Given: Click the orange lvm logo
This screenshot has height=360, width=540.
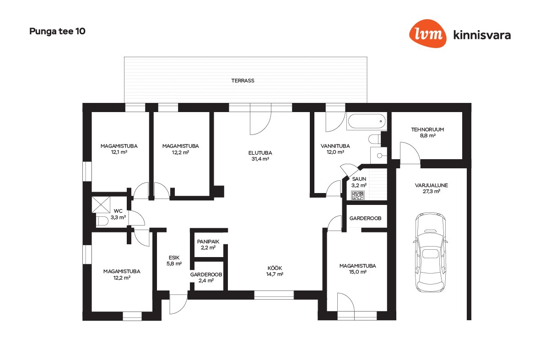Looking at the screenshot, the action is pos(428,33).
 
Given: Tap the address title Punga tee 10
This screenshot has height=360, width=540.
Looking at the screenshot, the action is pos(57,31).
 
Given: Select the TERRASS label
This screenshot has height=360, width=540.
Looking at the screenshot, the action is pos(243,81).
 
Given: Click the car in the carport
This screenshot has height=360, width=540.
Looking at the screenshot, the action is pos(430,253).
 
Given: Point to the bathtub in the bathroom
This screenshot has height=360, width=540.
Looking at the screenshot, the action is pos(367,121).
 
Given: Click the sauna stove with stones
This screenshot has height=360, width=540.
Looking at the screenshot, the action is pos(358,195).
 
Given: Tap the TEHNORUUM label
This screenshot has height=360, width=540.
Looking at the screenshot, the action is pos(427,129).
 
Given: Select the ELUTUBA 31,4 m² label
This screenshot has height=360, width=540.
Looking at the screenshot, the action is pos(260,156).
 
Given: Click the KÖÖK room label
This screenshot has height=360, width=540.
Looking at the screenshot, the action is pos(275,268).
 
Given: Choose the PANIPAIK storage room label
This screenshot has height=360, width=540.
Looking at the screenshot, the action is pos(208,242).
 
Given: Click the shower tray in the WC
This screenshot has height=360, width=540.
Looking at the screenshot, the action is pos(101,204).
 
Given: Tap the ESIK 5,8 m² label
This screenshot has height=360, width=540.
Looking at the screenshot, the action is pos(174,261).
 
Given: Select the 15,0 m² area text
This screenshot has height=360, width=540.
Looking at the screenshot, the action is pos(358,272).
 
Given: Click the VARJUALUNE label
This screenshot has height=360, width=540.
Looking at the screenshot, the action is pos(431,185).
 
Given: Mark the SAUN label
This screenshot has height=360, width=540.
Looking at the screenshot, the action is pos(359,179).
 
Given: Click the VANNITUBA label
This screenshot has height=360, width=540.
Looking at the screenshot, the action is pos(335,146).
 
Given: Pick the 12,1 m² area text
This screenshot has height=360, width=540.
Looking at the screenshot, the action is pos(119,152).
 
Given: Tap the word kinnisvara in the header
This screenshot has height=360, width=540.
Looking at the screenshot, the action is pos(482,35).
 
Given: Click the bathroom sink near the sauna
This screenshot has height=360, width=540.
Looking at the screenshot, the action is pos(379,156).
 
